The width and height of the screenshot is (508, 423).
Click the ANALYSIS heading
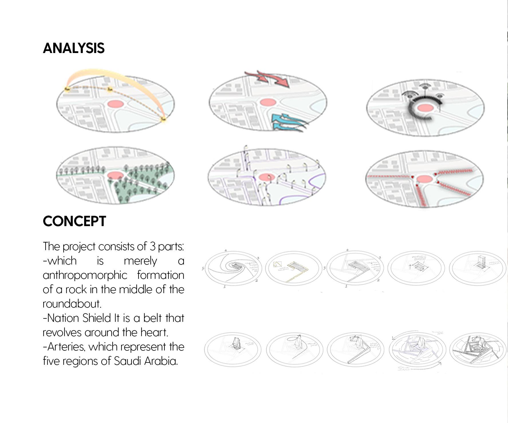74,48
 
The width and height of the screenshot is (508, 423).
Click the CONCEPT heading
74,221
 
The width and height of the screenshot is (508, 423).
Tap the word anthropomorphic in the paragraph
85,275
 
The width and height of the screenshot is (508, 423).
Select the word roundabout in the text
72,304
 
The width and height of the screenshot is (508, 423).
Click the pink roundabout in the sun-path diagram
115,104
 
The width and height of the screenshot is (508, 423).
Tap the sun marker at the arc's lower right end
164,119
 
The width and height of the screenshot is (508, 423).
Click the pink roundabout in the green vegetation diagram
115,175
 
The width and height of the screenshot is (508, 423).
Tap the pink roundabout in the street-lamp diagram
267,178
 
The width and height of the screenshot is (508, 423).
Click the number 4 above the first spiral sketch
226,250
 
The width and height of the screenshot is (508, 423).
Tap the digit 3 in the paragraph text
152,246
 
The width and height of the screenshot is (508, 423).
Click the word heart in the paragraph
154,332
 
